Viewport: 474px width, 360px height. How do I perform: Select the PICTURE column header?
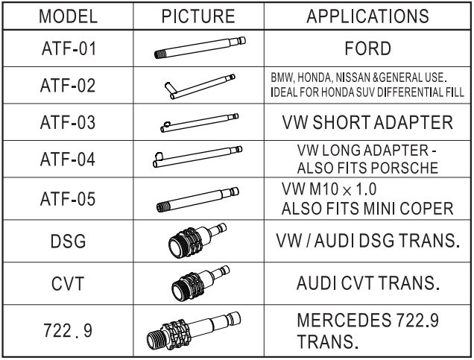pos(198,16)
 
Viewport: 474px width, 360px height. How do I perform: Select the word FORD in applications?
pos(367,50)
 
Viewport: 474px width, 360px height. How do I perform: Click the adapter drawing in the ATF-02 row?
pos(198,86)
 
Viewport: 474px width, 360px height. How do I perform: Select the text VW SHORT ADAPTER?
pos(367,123)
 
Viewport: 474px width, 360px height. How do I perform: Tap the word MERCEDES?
pos(338,320)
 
